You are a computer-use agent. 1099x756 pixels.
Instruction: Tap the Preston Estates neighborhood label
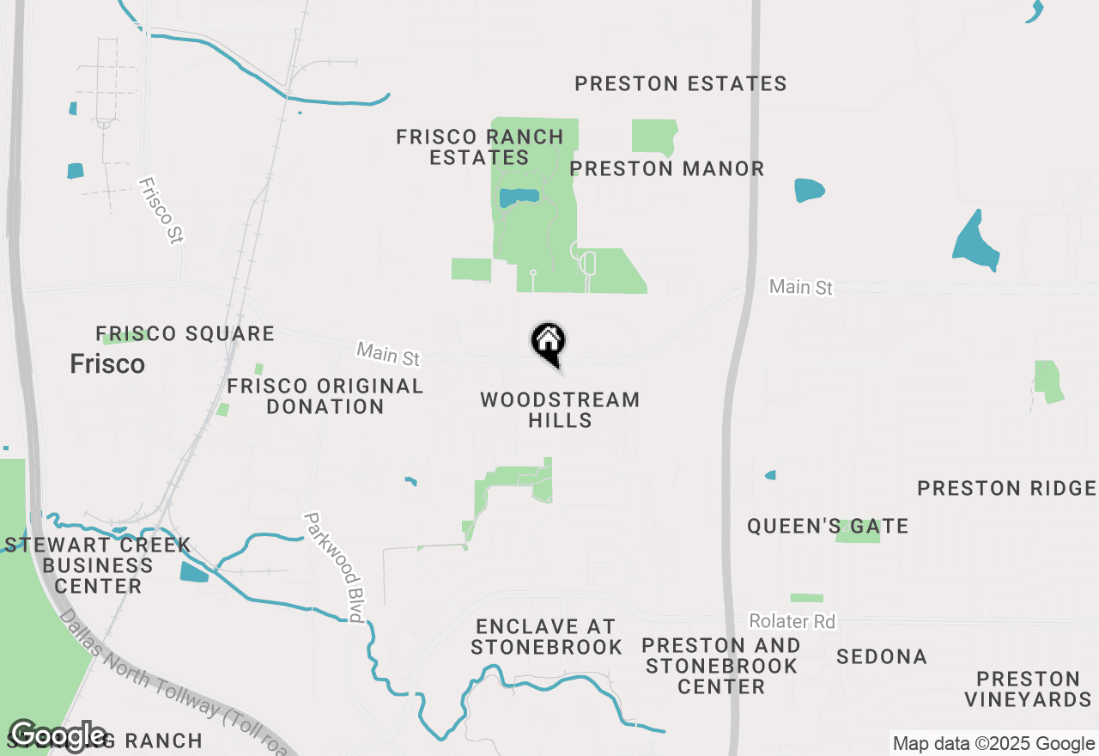pyautogui.click(x=680, y=84)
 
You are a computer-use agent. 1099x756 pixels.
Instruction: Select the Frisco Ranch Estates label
pyautogui.click(x=480, y=147)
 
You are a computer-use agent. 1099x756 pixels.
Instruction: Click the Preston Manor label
pyautogui.click(x=667, y=168)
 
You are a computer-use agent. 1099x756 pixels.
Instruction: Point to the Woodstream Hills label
pyautogui.click(x=560, y=410)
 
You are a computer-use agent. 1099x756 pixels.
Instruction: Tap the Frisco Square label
pyautogui.click(x=185, y=333)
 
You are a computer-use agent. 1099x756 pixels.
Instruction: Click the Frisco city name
pyautogui.click(x=107, y=364)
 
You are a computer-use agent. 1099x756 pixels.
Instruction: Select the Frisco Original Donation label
pyautogui.click(x=325, y=397)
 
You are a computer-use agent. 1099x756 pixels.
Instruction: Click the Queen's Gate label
pyautogui.click(x=828, y=526)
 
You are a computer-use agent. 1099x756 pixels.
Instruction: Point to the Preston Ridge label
pyautogui.click(x=1006, y=489)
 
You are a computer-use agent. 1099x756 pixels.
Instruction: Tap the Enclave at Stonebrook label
pyautogui.click(x=546, y=637)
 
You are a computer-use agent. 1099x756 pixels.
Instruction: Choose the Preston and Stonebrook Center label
pyautogui.click(x=721, y=666)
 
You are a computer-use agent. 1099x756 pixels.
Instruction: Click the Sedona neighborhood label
pyautogui.click(x=882, y=657)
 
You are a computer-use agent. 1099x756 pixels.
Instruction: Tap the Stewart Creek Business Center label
pyautogui.click(x=98, y=566)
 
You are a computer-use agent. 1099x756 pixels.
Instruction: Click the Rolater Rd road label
pyautogui.click(x=792, y=621)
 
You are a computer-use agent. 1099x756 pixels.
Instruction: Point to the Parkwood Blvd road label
pyautogui.click(x=334, y=567)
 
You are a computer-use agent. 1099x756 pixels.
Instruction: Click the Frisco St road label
pyautogui.click(x=161, y=210)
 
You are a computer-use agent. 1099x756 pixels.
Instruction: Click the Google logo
pyautogui.click(x=58, y=736)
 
